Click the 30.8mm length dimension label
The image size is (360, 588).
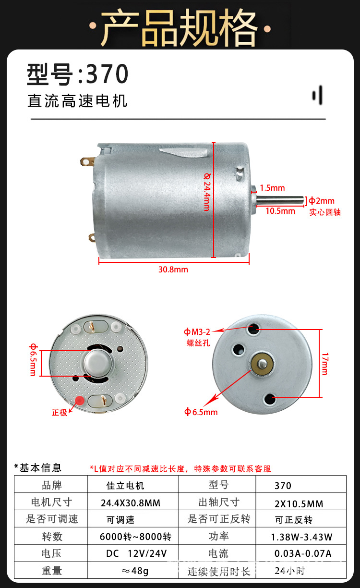pos(173,269)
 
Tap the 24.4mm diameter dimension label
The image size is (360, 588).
pos(207,192)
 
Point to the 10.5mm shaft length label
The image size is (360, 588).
pos(280,210)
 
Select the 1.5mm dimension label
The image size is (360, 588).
pos(272,188)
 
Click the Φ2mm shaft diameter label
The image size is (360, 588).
pos(322,201)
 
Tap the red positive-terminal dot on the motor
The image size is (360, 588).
pos(80,400)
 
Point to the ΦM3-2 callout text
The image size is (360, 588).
pos(197,331)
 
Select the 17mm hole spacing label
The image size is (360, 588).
pos(325,364)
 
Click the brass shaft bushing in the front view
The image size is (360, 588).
pos(261,364)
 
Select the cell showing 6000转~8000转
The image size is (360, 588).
pos(135,537)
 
